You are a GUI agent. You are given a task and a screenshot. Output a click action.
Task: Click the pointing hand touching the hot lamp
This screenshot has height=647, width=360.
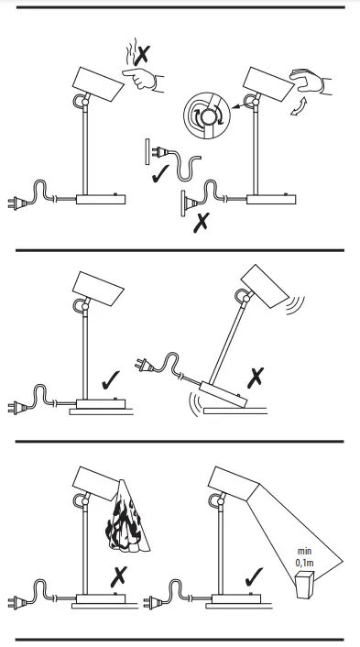(142, 80)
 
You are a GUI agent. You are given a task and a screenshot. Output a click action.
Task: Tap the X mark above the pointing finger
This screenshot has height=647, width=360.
(142, 55)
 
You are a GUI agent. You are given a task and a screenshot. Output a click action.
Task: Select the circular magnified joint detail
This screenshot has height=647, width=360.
(207, 116)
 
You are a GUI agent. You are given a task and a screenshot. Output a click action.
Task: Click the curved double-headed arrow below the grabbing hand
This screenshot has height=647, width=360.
(298, 106)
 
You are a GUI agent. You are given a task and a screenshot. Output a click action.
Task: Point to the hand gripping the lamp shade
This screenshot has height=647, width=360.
(311, 81)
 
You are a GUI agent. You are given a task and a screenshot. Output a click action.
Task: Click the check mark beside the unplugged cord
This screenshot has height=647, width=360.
(160, 174)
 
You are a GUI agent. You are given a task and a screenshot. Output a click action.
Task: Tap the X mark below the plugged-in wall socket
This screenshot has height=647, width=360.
(202, 223)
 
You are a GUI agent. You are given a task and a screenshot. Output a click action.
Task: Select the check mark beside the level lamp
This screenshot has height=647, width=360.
(111, 380)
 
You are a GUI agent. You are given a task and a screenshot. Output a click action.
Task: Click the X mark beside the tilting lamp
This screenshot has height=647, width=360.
(256, 378)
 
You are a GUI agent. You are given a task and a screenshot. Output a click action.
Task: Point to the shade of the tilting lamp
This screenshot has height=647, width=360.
(265, 286)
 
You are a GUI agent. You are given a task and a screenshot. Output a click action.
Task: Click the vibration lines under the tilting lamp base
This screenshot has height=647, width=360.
(195, 402)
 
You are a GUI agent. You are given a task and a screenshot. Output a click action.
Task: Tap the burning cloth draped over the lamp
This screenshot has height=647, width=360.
(127, 519)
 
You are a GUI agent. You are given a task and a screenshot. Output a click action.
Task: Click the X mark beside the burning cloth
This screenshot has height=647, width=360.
(119, 576)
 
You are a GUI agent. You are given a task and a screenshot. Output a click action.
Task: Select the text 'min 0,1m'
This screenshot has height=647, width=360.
(304, 556)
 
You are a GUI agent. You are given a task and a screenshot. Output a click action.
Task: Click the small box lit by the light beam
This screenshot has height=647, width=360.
(305, 585)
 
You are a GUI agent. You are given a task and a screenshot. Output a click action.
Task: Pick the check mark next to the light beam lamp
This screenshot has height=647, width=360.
(254, 576)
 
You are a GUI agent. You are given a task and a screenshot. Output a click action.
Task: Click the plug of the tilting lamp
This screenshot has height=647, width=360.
(144, 365)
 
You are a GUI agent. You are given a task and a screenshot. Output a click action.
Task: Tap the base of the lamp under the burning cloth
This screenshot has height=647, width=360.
(101, 598)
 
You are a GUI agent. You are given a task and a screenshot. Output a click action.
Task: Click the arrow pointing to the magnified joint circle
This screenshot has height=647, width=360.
(236, 106)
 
